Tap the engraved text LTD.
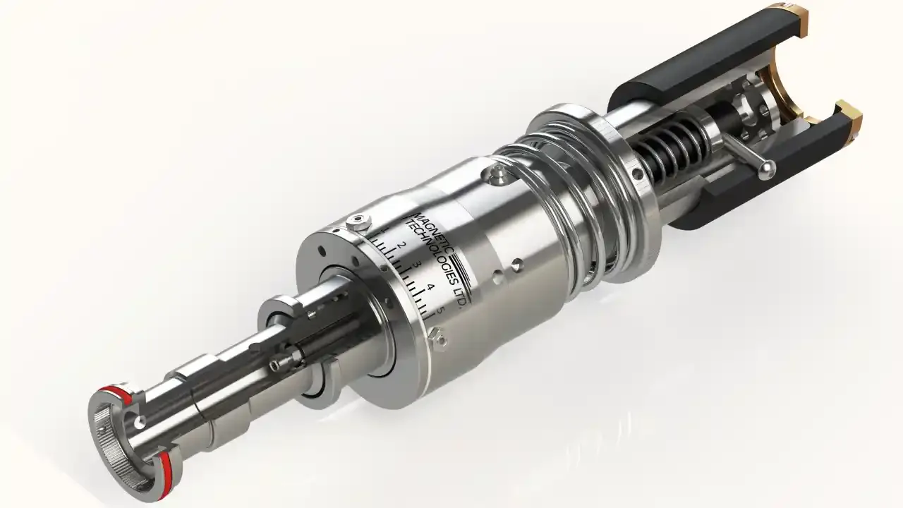(457, 296)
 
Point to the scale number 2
(401, 245)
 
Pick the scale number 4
(430, 286)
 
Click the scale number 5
(440, 309)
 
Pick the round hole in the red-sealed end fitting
(143, 421)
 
